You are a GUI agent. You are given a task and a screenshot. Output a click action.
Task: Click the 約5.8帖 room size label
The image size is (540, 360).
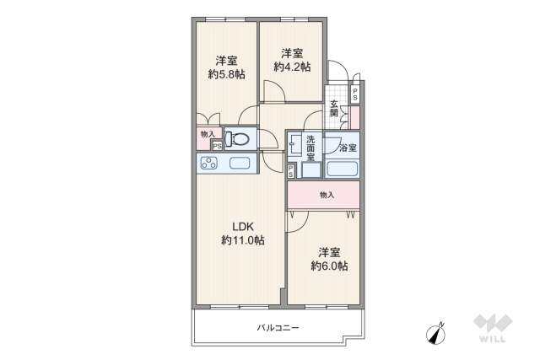coord(227,74)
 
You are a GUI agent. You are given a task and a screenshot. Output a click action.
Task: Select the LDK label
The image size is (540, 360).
coord(243,226)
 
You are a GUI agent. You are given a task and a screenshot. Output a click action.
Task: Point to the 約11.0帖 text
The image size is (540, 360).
coord(243,240)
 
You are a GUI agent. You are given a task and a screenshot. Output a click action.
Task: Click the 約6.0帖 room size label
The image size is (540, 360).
coord(328,266)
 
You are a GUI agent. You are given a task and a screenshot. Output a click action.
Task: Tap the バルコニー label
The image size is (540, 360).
coord(278,328)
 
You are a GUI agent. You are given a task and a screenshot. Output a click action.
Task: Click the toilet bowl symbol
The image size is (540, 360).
coord(240,138)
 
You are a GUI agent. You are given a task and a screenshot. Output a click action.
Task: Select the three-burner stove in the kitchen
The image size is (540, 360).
coord(209,164)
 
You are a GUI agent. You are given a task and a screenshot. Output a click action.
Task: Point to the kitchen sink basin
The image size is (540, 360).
coord(240,164)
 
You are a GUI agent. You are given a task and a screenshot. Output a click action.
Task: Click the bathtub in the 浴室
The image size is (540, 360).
coord(343,169)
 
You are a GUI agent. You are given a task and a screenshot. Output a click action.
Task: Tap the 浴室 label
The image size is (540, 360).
coord(347,148)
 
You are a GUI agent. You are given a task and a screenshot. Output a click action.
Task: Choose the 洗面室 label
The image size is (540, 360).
coord(310,148)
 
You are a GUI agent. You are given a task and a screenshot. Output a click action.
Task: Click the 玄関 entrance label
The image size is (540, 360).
coord(334,109)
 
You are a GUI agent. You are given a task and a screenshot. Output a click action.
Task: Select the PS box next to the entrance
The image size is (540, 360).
coord(355,94)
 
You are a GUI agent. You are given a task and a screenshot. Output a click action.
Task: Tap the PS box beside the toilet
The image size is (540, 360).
coord(217,145)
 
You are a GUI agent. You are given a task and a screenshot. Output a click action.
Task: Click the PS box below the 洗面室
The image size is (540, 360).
coord(291,171)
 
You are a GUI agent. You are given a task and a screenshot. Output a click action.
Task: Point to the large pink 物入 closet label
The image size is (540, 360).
coord(327,195)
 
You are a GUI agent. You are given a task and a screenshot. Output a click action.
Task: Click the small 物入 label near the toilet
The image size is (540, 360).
coord(208,133)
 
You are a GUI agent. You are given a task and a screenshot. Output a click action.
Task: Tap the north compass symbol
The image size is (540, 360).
coord(437,333)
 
